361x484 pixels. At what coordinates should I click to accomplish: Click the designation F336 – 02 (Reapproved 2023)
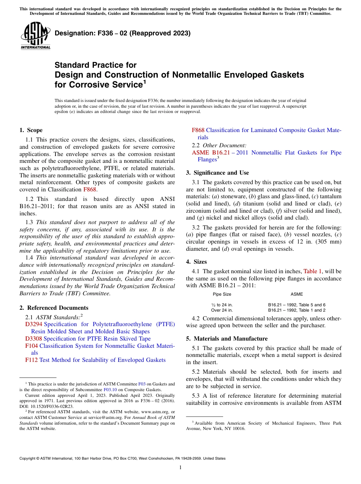coord(122,33)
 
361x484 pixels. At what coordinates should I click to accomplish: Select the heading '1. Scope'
coord(31,130)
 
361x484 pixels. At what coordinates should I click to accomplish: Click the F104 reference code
coord(32,346)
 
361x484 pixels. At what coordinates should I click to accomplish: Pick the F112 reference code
coord(32,360)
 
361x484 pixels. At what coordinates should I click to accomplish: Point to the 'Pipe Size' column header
coord(222,294)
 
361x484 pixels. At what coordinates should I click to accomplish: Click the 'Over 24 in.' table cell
coord(222,310)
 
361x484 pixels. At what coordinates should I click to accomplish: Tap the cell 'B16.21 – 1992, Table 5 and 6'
coord(297,305)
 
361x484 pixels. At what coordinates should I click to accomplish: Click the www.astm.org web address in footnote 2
coord(153,412)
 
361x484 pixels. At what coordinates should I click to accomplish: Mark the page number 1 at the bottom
coord(180,468)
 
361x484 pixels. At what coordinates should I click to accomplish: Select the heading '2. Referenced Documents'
coord(54,308)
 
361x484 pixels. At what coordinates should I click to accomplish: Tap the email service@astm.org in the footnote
coord(93,417)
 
